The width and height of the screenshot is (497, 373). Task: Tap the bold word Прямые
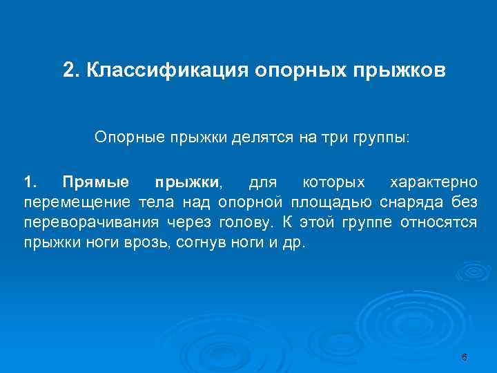tap(95, 183)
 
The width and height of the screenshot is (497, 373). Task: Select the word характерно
tap(433, 183)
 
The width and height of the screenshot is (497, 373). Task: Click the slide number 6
tap(464, 357)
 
